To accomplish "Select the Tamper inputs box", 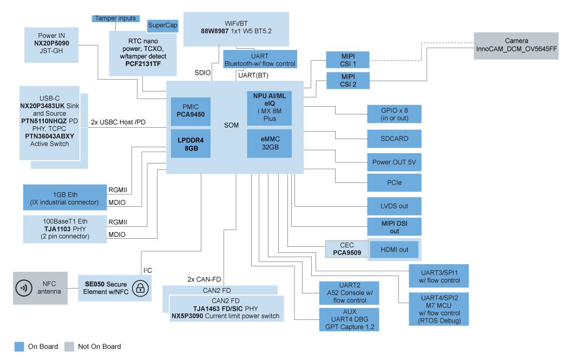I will pyautogui.click(x=115, y=18).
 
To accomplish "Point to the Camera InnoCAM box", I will pyautogui.click(x=516, y=45).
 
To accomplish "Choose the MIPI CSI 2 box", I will pyautogui.click(x=348, y=80).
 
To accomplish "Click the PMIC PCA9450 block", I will pyautogui.click(x=191, y=111).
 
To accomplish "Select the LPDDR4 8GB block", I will pyautogui.click(x=191, y=143).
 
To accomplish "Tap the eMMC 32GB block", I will pyautogui.click(x=270, y=143).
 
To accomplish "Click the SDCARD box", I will pyautogui.click(x=394, y=139).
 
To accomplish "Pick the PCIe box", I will pyautogui.click(x=394, y=183).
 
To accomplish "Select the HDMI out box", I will pyautogui.click(x=394, y=250).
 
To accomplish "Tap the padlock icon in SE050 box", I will pyautogui.click(x=141, y=289).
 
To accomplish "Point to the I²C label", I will pyautogui.click(x=147, y=270).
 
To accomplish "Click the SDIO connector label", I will pyautogui.click(x=202, y=73).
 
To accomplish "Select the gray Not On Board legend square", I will pyautogui.click(x=69, y=346).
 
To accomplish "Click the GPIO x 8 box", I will pyautogui.click(x=394, y=114).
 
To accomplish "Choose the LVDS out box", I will pyautogui.click(x=394, y=206).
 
